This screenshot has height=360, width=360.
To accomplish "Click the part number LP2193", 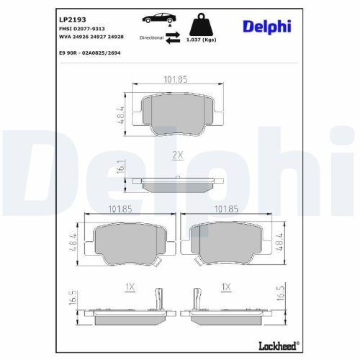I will click(x=68, y=17).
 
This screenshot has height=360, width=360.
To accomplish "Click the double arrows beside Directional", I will click(x=174, y=37).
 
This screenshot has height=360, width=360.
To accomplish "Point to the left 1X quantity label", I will click(x=130, y=286).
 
